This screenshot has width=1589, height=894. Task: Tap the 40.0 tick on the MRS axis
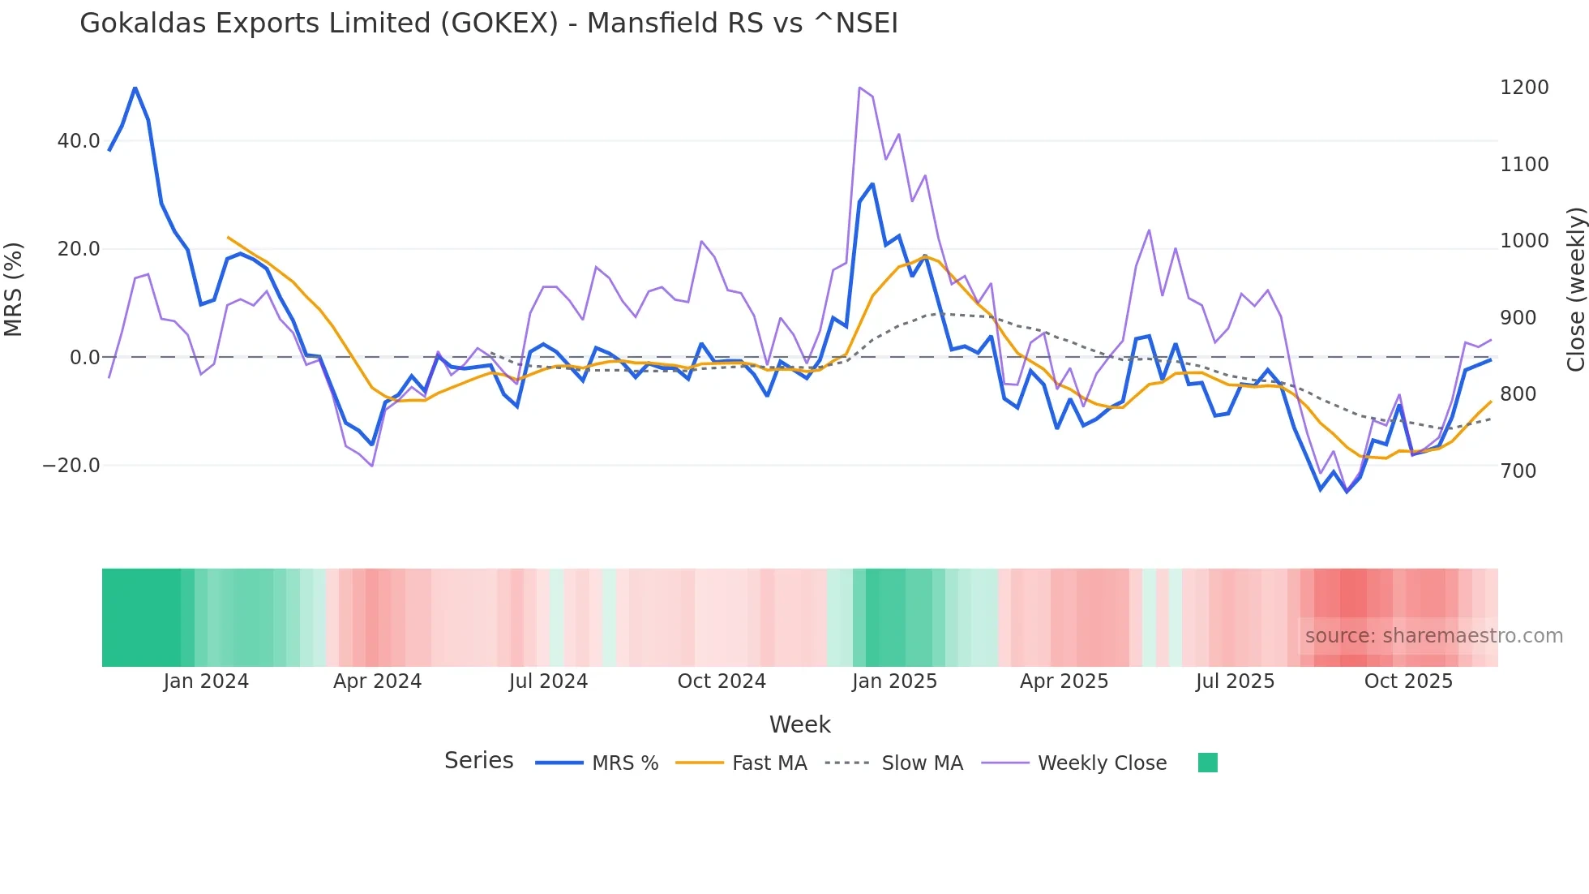(x=79, y=141)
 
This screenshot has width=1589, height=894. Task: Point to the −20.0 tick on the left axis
(x=71, y=466)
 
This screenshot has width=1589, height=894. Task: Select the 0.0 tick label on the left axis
(x=84, y=358)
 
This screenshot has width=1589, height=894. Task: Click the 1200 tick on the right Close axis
(x=1524, y=88)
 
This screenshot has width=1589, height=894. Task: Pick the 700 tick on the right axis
(x=1518, y=471)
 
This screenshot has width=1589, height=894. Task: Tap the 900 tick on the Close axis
(x=1518, y=318)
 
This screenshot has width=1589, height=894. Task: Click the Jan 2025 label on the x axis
(x=894, y=681)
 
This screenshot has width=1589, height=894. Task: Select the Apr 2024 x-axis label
(x=377, y=681)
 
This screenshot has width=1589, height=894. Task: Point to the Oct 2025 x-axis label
(x=1408, y=681)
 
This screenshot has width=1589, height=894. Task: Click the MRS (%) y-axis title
(x=14, y=289)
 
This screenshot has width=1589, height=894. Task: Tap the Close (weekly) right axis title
(x=1575, y=290)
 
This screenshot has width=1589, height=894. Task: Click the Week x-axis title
(x=799, y=724)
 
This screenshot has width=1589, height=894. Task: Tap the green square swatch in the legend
(x=1207, y=763)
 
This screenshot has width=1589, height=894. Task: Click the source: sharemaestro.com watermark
(x=1433, y=636)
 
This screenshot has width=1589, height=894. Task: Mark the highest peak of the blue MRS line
(x=135, y=88)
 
